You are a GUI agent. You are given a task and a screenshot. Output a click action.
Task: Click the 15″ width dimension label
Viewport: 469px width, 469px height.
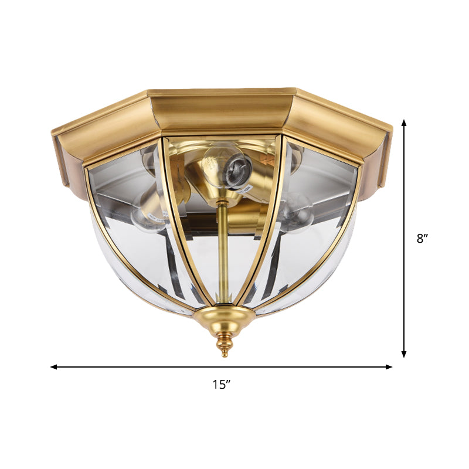pos(221,385)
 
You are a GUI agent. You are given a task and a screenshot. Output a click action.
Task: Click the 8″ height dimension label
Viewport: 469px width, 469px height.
pos(423,239)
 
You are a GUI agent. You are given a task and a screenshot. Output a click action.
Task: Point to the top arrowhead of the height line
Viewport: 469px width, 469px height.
pos(404,123)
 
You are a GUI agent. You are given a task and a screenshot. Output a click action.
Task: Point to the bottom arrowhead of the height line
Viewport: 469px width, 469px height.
pos(404,354)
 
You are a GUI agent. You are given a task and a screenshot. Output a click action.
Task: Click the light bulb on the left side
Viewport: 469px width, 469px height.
pos(144,214)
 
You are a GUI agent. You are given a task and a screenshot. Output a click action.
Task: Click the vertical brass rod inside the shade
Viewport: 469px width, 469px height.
pos(223,252)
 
